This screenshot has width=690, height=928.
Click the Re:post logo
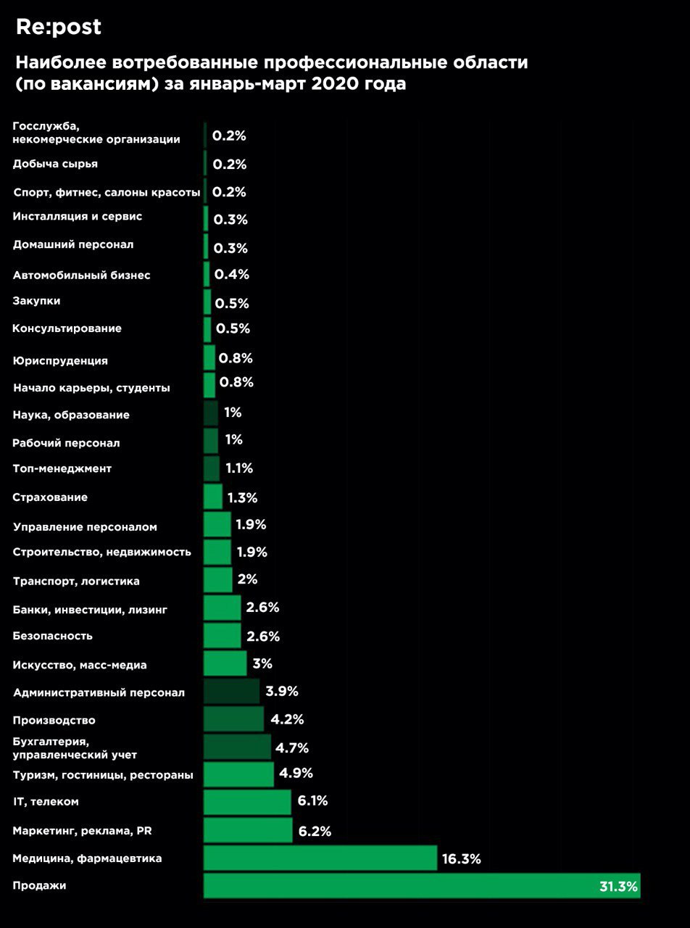(x=59, y=28)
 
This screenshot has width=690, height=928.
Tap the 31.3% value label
(x=618, y=886)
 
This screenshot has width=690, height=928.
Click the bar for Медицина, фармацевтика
(x=320, y=858)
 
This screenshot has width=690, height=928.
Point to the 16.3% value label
(x=461, y=859)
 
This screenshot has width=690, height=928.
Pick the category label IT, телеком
(x=46, y=801)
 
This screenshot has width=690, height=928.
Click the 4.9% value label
(x=296, y=773)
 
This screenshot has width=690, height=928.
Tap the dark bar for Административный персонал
(x=231, y=692)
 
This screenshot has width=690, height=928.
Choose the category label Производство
(x=54, y=720)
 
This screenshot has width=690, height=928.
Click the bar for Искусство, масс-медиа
(x=225, y=663)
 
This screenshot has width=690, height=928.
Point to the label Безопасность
(x=53, y=636)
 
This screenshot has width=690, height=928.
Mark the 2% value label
(x=247, y=579)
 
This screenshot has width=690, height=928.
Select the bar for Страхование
(x=213, y=497)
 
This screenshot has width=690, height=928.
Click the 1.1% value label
(x=239, y=468)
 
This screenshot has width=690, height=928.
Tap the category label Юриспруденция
(x=60, y=360)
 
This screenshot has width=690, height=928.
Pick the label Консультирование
(x=67, y=328)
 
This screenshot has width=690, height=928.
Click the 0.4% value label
(x=231, y=274)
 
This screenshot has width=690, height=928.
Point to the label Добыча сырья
(x=55, y=164)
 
